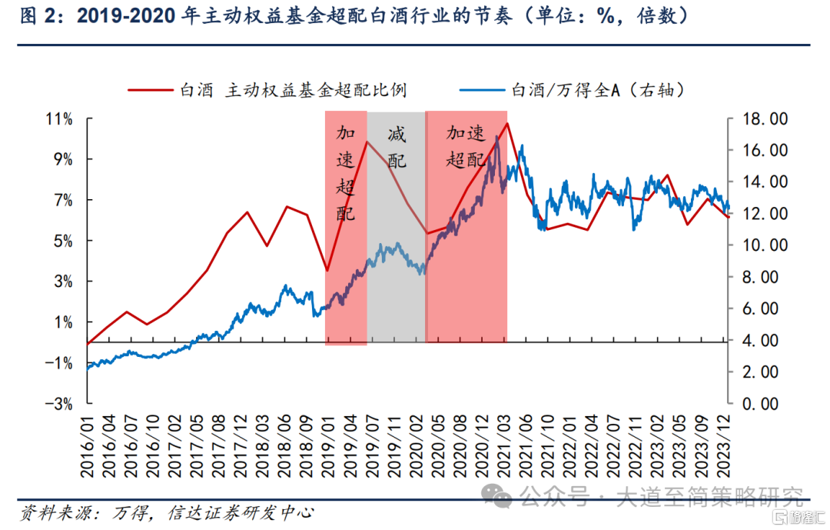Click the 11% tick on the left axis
click(58, 119)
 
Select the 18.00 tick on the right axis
click(759, 119)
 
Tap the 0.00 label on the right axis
click(762, 403)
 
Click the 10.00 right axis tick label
click(759, 245)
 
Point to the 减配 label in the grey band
click(397, 148)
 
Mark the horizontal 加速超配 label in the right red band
click(466, 147)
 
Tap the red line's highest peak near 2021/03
click(507, 123)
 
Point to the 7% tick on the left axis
click(61, 200)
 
